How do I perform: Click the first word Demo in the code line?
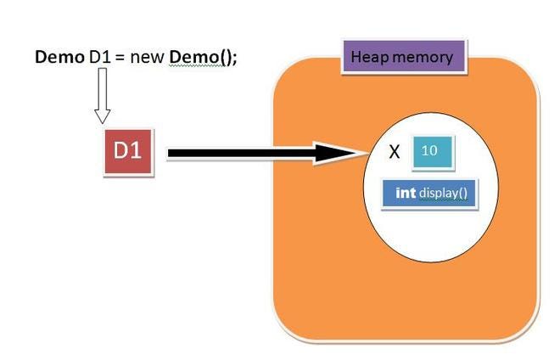click(59, 58)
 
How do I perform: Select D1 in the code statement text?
click(100, 58)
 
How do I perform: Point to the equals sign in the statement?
click(121, 59)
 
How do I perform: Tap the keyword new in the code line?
click(148, 59)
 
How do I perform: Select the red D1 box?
click(128, 152)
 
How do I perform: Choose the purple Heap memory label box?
click(402, 58)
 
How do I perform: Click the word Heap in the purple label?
click(368, 58)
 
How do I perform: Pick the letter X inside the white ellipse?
click(394, 153)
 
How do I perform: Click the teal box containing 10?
click(431, 151)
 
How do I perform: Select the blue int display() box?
click(430, 193)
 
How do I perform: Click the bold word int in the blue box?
click(406, 193)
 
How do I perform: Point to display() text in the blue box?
click(444, 193)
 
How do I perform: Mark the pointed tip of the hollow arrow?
click(103, 121)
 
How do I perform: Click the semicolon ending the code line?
click(233, 59)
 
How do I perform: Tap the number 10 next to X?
click(429, 151)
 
